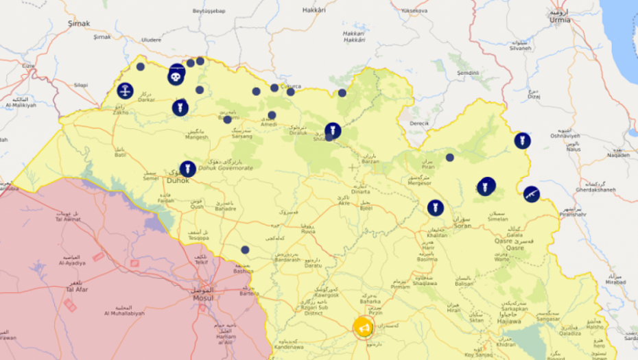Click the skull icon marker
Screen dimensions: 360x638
pyautogui.click(x=176, y=77)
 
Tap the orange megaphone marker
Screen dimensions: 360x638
pyautogui.click(x=364, y=328)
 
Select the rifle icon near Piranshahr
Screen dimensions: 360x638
pyautogui.click(x=531, y=194)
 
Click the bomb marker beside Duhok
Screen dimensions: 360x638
pyautogui.click(x=187, y=169)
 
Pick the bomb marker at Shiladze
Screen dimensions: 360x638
pyautogui.click(x=333, y=130)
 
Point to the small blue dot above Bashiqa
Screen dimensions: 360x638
pyautogui.click(x=245, y=250)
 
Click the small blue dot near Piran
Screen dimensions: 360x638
pyautogui.click(x=449, y=157)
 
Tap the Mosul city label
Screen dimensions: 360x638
pyautogui.click(x=202, y=298)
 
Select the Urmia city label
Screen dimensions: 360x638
pyautogui.click(x=560, y=20)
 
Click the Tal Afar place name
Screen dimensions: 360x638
pyautogui.click(x=75, y=289)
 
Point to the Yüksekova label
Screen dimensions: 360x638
pyautogui.click(x=414, y=12)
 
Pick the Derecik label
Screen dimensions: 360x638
pyautogui.click(x=418, y=123)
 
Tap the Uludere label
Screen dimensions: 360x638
pyautogui.click(x=151, y=40)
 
